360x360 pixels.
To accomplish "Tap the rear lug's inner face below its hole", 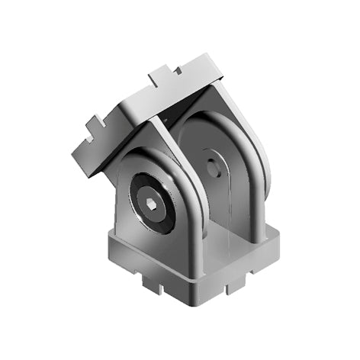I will [221, 210].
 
